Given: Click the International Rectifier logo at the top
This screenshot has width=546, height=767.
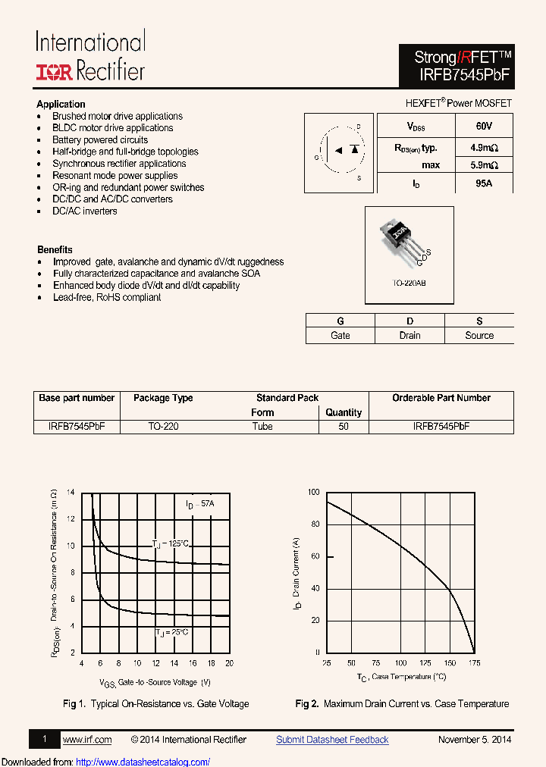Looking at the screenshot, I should pyautogui.click(x=90, y=56).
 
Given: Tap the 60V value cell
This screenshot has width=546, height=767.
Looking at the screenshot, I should pyautogui.click(x=483, y=126).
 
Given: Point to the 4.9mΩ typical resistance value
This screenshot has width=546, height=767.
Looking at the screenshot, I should pyautogui.click(x=483, y=148).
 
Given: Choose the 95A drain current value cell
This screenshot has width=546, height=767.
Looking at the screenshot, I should pyautogui.click(x=483, y=183).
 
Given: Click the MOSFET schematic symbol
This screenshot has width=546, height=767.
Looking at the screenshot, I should pyautogui.click(x=339, y=148).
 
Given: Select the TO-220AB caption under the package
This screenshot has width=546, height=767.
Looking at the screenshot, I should pyautogui.click(x=409, y=283).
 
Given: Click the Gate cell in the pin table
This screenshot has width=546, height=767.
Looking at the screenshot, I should pyautogui.click(x=340, y=335).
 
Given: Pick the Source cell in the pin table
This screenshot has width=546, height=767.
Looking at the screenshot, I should pyautogui.click(x=479, y=335).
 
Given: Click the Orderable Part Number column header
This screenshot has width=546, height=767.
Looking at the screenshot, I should pyautogui.click(x=441, y=398).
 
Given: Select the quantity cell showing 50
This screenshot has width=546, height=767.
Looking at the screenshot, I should pyautogui.click(x=344, y=427).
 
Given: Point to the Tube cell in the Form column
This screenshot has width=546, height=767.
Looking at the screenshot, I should pyautogui.click(x=262, y=427).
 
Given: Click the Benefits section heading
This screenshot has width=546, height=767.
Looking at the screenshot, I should pyautogui.click(x=55, y=249).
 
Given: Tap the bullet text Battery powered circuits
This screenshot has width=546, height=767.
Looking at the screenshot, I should pyautogui.click(x=100, y=139).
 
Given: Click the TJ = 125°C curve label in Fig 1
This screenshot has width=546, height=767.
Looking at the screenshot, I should pyautogui.click(x=170, y=544).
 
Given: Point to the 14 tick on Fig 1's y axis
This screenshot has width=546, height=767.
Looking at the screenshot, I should pyautogui.click(x=71, y=493).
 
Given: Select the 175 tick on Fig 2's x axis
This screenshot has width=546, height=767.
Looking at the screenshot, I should pyautogui.click(x=475, y=663).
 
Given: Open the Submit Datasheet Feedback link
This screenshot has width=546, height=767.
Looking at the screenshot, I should pyautogui.click(x=332, y=740).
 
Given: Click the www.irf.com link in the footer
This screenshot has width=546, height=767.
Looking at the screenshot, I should pyautogui.click(x=86, y=740).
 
